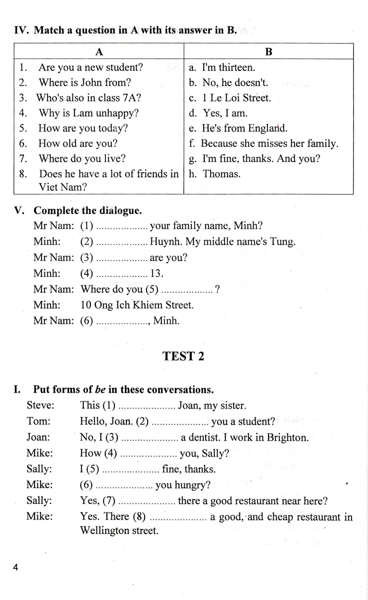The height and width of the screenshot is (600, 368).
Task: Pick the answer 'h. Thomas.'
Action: click(215, 174)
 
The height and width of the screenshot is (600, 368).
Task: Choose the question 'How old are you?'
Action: click(78, 143)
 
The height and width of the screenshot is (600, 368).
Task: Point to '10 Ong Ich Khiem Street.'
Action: click(137, 304)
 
